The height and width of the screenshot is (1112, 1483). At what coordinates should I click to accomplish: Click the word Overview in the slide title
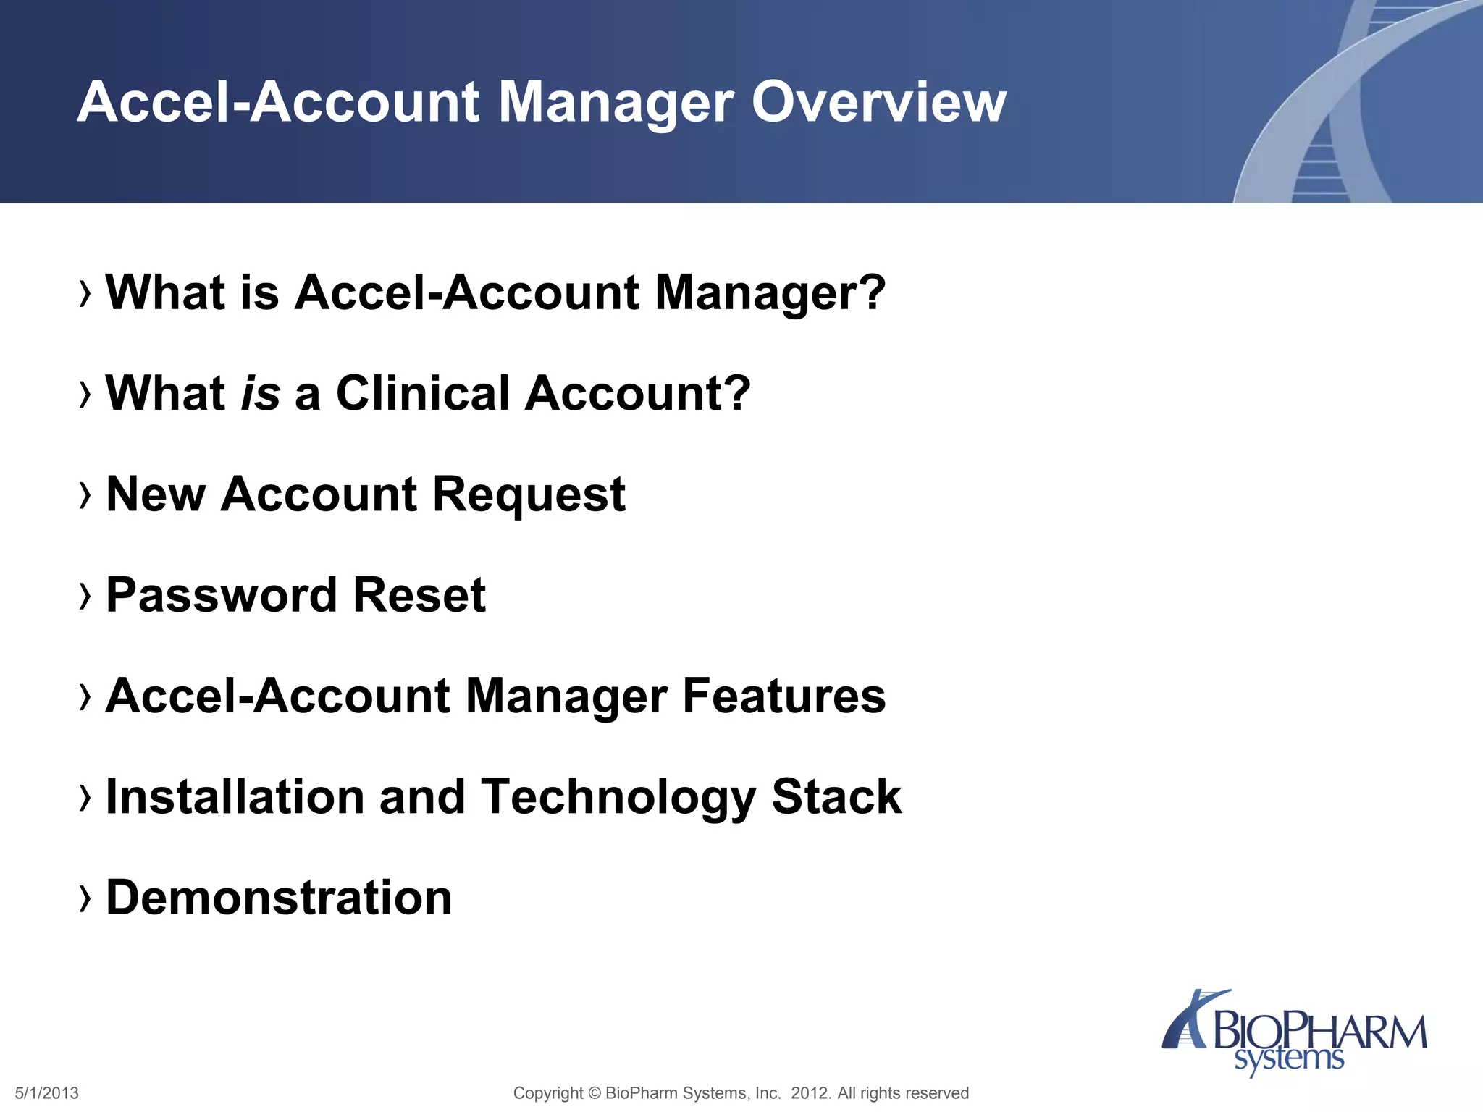coord(878,102)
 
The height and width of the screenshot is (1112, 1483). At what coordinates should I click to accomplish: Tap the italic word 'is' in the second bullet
coord(260,394)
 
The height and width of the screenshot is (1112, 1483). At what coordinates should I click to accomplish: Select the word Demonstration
coord(279,898)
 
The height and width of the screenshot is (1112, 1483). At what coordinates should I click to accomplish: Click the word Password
coord(222,596)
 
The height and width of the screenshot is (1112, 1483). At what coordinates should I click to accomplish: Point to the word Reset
coord(419,596)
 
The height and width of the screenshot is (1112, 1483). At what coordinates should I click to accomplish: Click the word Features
coord(784,696)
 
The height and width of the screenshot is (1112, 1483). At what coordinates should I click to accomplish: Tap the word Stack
coord(836,797)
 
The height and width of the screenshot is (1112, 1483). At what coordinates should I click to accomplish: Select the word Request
coord(529,495)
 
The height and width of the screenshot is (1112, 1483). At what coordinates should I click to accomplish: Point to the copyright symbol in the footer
coord(595,1093)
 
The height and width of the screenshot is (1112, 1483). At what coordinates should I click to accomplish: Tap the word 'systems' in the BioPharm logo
coord(1289,1059)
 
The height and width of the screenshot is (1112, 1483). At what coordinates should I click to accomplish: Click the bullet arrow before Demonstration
coord(85,898)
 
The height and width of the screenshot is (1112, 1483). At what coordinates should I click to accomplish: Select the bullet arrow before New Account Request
coord(85,495)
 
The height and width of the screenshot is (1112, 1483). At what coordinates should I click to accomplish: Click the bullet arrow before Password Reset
coord(85,596)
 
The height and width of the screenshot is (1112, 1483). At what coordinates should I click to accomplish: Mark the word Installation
coord(235,797)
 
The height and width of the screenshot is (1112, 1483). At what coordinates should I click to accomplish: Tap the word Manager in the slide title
coord(616,104)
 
